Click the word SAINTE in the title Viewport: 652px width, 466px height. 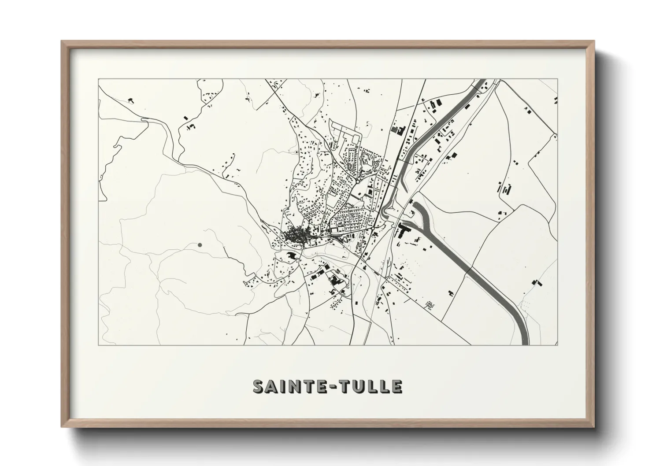(x=288, y=386)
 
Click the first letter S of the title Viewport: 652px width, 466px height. (x=258, y=386)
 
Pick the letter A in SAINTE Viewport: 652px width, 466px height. (x=270, y=386)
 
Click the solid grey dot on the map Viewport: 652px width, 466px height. (x=200, y=244)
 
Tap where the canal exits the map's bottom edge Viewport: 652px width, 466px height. (x=525, y=344)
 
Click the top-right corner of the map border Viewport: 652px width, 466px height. (x=557, y=79)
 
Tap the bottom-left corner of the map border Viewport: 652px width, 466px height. (x=98, y=345)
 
